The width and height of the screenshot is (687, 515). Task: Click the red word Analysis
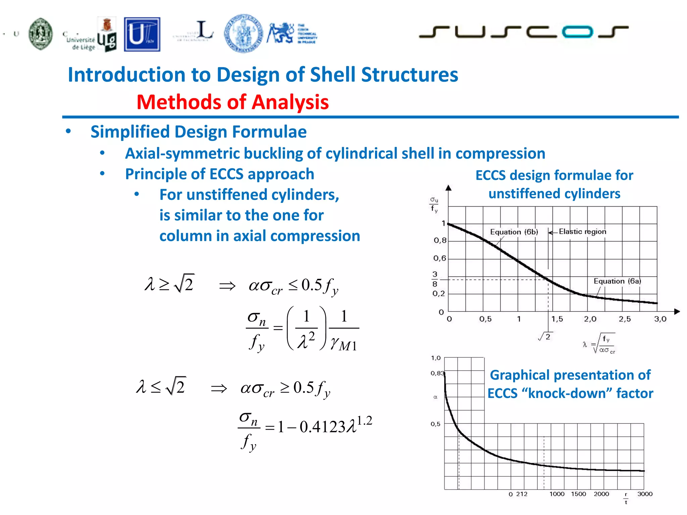tap(290, 102)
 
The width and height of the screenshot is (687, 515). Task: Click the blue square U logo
tap(142, 35)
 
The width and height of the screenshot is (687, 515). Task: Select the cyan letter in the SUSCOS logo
tap(577, 32)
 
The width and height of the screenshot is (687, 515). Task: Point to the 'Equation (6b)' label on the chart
tap(514, 232)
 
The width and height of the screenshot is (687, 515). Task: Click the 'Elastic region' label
tap(582, 231)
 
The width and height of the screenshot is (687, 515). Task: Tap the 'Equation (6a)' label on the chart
tap(617, 281)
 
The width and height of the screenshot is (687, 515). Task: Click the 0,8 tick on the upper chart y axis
tap(440, 240)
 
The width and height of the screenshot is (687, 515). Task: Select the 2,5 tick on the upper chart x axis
tap(625, 319)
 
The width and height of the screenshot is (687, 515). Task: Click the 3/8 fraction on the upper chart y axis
tap(435, 279)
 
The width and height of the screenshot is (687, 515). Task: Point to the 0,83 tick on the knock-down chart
tap(437, 373)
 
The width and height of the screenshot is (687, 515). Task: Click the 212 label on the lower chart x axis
tap(522, 494)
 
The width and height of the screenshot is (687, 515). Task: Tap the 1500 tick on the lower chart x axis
tap(578, 494)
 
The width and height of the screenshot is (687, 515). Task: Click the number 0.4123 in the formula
tap(322, 427)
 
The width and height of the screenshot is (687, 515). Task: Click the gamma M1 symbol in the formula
tap(343, 344)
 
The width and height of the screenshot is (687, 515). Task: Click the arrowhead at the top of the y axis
tap(448, 188)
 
